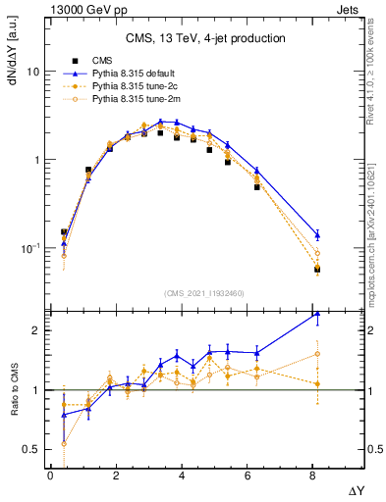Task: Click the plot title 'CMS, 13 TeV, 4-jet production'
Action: [205, 39]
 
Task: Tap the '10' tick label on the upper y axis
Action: [33, 73]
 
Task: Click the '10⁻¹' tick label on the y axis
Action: [29, 247]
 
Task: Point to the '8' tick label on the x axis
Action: [313, 476]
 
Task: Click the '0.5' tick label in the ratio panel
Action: [31, 450]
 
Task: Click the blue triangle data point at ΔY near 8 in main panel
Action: [317, 235]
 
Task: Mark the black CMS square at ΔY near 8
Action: [317, 269]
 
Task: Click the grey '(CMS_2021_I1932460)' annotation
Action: [204, 293]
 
